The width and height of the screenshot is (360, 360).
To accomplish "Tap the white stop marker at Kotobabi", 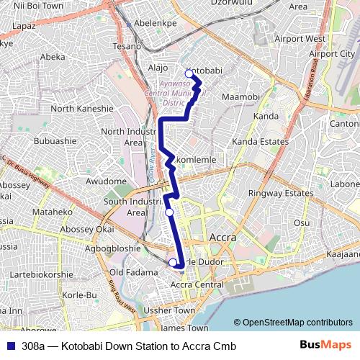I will click(189, 73).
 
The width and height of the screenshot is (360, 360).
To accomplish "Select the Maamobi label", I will click(240, 96).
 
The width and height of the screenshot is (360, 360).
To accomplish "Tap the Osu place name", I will click(302, 223).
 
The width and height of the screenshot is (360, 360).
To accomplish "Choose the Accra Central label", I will click(197, 285).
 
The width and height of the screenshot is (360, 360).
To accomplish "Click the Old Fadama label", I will click(133, 273).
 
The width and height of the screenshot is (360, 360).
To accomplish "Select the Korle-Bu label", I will click(80, 295).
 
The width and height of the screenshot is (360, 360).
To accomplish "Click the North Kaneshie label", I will click(82, 109).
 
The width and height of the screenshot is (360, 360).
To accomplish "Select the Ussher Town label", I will click(170, 310).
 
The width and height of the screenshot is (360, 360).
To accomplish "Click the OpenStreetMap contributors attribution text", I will click(297, 323).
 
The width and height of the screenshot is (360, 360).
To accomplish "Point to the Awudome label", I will click(106, 181).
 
